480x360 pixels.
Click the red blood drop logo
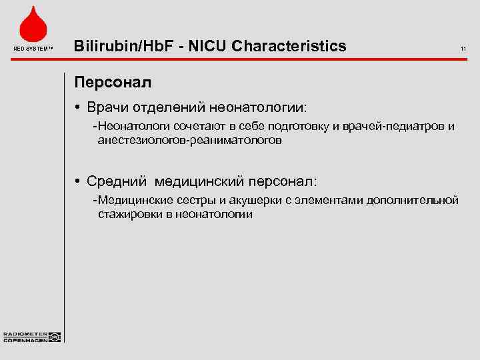pyautogui.click(x=32, y=25)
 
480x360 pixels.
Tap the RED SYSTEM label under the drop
pyautogui.click(x=32, y=48)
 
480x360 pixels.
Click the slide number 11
pyautogui.click(x=463, y=48)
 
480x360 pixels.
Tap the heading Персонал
pyautogui.click(x=113, y=83)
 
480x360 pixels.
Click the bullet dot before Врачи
pyautogui.click(x=79, y=107)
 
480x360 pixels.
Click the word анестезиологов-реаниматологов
pyautogui.click(x=189, y=141)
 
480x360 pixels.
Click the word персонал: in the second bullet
pyautogui.click(x=283, y=181)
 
